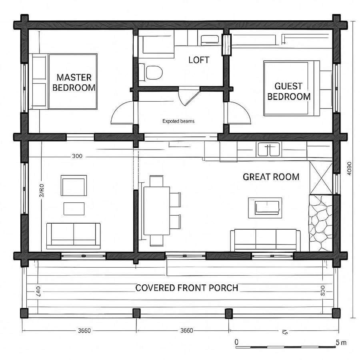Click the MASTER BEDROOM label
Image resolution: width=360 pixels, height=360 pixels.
(x=74, y=82)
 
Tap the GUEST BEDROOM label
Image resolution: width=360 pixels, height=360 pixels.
(x=289, y=91)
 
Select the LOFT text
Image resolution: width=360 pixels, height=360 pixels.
(x=198, y=60)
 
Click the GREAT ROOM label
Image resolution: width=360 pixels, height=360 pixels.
(x=271, y=177)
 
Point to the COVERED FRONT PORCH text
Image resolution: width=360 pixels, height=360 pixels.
(x=186, y=288)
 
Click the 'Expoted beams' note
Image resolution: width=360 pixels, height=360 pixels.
(x=178, y=121)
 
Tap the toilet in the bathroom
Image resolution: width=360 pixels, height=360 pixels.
(x=154, y=72)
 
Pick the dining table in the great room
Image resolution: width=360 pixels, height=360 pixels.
(x=157, y=210)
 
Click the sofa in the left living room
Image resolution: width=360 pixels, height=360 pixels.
(x=74, y=235)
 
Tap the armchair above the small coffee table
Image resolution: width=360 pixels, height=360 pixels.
(x=74, y=186)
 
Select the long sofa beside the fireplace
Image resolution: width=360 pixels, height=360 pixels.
(x=265, y=240)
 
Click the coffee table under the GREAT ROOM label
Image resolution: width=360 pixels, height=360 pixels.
(x=265, y=208)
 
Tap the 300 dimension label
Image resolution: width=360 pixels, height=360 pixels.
(x=77, y=156)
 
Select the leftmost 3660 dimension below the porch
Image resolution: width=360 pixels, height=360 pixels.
(x=84, y=330)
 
